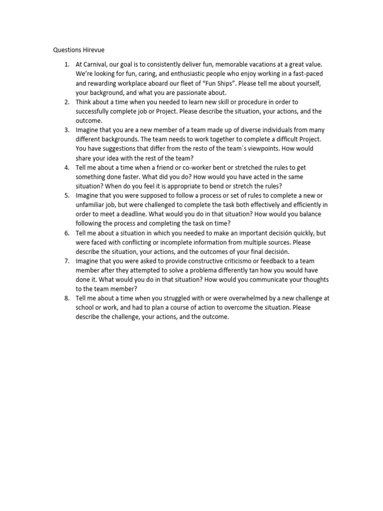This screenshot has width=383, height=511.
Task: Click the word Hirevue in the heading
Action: pyautogui.click(x=93, y=50)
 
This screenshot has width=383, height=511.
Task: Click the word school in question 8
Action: pyautogui.click(x=86, y=307)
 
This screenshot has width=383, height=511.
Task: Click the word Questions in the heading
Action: pyautogui.click(x=66, y=50)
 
